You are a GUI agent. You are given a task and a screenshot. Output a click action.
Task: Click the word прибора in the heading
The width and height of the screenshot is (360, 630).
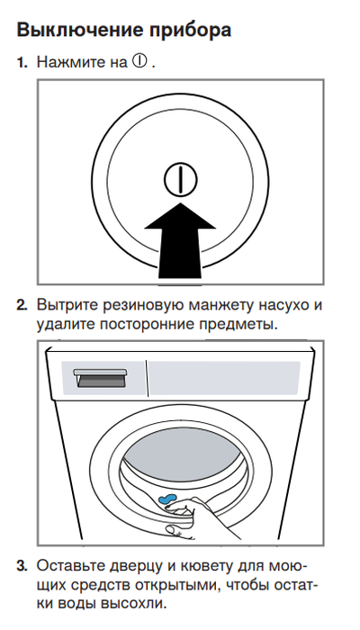[188, 30]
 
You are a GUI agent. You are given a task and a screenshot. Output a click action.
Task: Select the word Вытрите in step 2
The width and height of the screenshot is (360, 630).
[68, 304]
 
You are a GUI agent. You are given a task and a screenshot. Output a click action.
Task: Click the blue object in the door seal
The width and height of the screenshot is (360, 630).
[168, 498]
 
